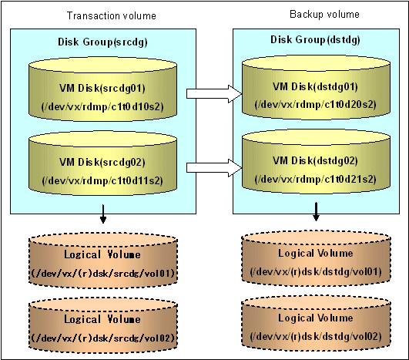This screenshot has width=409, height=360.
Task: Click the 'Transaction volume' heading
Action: coord(112,15)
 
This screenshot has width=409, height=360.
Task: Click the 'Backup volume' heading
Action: coord(324,14)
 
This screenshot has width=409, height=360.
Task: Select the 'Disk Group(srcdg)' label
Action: coord(102,42)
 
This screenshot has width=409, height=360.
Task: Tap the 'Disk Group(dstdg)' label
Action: coord(315,39)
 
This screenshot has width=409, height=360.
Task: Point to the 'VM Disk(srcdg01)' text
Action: coord(102,88)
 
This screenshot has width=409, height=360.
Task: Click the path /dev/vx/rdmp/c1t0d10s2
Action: coord(102,107)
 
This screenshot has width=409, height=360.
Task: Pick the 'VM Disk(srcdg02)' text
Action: coord(102,162)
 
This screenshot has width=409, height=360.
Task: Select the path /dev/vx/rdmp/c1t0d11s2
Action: coord(102,180)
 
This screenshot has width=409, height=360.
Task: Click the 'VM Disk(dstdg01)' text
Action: coord(315,86)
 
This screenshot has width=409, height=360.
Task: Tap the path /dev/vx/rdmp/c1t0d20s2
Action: coord(316,105)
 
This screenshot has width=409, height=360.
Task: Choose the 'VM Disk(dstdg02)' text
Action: coord(315,160)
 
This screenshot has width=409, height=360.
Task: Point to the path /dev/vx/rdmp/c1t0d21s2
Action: coord(316,179)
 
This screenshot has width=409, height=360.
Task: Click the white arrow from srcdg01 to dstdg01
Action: coord(214,94)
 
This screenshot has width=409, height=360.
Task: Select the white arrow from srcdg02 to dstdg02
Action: coord(214,168)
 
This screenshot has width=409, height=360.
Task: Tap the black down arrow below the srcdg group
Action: coord(103,214)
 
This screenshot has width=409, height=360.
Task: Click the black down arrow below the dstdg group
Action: coord(316,212)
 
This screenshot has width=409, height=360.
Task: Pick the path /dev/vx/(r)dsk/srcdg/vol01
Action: coord(102,274)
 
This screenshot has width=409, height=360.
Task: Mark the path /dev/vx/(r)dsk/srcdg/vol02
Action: coord(102,338)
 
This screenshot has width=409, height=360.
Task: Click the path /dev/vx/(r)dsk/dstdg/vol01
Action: coord(316,272)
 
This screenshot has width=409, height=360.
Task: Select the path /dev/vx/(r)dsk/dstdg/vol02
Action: coord(316,337)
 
